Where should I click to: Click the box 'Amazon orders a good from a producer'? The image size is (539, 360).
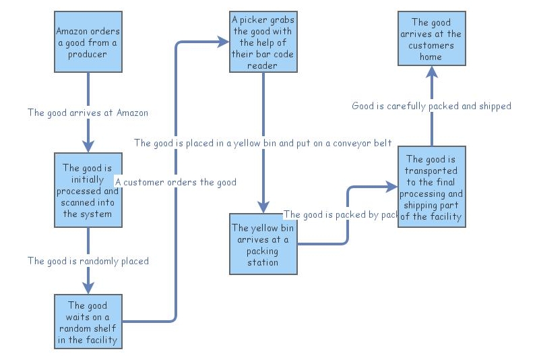88,42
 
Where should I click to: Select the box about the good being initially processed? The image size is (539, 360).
88,190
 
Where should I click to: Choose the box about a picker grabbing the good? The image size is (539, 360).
263,42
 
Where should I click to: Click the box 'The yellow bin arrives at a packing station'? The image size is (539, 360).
263,244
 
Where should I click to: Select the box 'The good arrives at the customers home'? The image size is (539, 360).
431,38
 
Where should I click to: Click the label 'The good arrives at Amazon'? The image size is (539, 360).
88,113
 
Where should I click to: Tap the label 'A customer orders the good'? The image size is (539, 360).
176,182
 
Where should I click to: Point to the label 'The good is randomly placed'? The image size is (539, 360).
88,261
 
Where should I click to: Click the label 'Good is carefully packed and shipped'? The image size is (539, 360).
431,106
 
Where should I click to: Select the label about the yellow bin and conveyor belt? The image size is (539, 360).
263,143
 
